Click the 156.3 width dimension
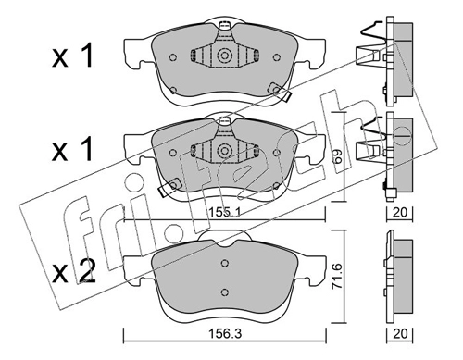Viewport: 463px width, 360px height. click(x=225, y=333)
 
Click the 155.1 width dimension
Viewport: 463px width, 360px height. click(x=225, y=212)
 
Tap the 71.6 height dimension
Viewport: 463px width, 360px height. click(x=337, y=276)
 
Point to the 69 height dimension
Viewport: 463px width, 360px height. click(x=338, y=156)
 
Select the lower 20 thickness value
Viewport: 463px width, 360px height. click(x=400, y=333)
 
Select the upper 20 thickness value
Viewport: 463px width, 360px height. click(x=400, y=212)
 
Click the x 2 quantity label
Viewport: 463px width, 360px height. click(x=73, y=271)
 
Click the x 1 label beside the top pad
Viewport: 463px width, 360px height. click(x=72, y=56)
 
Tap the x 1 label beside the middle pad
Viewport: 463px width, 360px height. click(x=72, y=149)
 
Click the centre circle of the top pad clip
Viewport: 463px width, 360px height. click(x=224, y=56)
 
